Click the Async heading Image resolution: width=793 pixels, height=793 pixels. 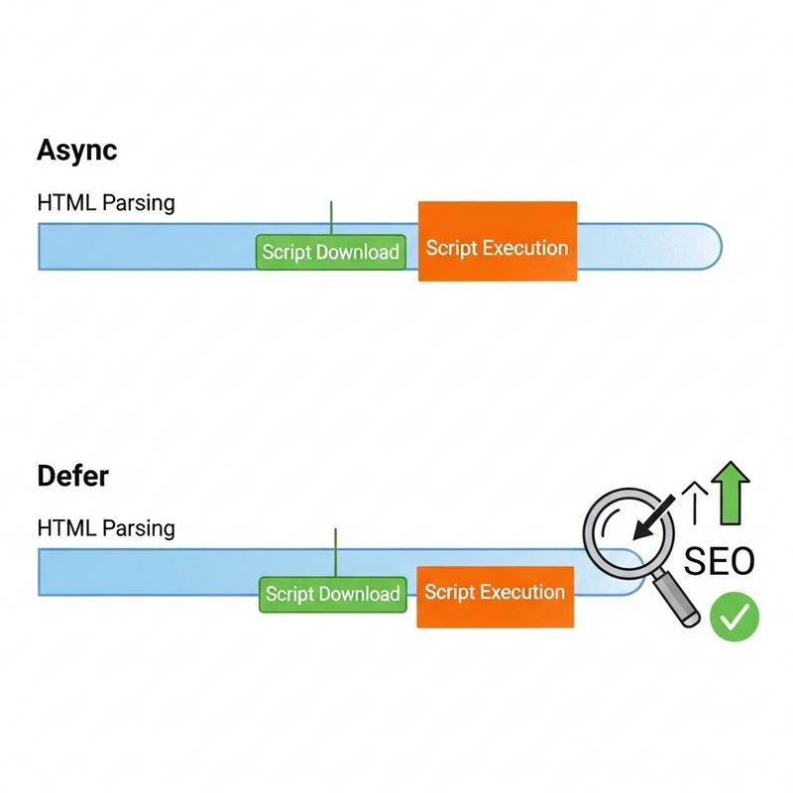point(76,150)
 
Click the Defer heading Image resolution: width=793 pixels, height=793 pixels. point(72,476)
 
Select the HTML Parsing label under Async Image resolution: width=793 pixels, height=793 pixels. point(105,203)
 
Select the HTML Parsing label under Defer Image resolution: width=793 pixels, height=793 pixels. point(105,527)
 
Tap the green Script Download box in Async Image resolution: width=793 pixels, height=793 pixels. point(331,252)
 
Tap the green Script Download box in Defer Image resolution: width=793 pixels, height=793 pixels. point(333,594)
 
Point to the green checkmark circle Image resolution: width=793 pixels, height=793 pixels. point(734,618)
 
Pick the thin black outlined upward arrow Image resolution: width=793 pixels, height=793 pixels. point(696,500)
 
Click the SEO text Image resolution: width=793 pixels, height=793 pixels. point(720,561)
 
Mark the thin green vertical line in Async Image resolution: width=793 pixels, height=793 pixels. point(331,217)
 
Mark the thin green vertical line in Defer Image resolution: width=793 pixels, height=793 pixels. point(336,552)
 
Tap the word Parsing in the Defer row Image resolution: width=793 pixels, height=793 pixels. point(142,528)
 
